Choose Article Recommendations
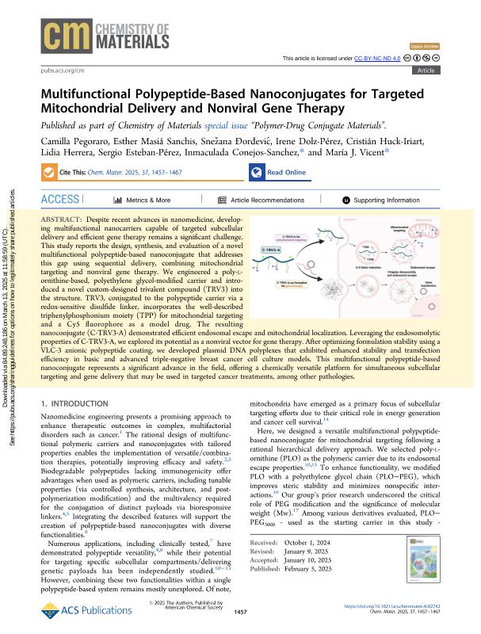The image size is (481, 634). click(261, 201)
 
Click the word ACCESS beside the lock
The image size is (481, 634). click(60, 200)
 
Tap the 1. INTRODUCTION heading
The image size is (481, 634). click(77, 404)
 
